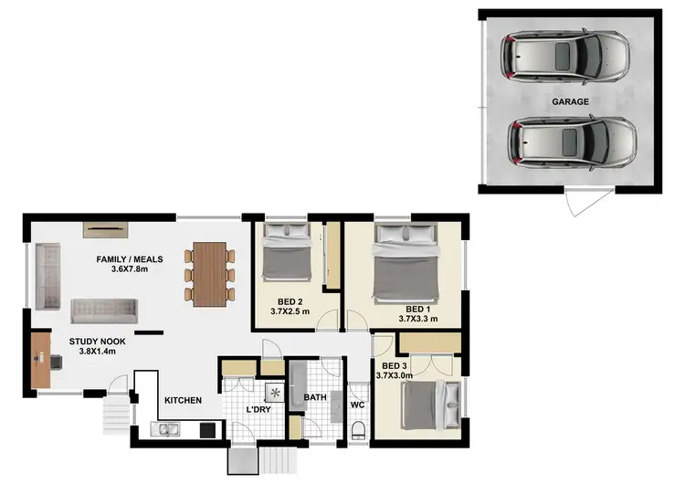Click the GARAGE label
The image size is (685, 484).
[x=570, y=102]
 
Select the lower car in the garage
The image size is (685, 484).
[x=571, y=142]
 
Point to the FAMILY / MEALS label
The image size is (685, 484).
[x=129, y=259]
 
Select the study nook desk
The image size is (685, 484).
[x=40, y=360]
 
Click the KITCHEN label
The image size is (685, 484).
[x=183, y=400]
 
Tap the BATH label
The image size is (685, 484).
[x=315, y=397]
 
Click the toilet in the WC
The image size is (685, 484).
[x=357, y=429]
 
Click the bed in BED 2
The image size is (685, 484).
[x=285, y=255]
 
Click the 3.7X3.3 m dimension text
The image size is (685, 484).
[x=420, y=320]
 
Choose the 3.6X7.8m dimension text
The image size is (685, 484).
[x=129, y=269]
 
